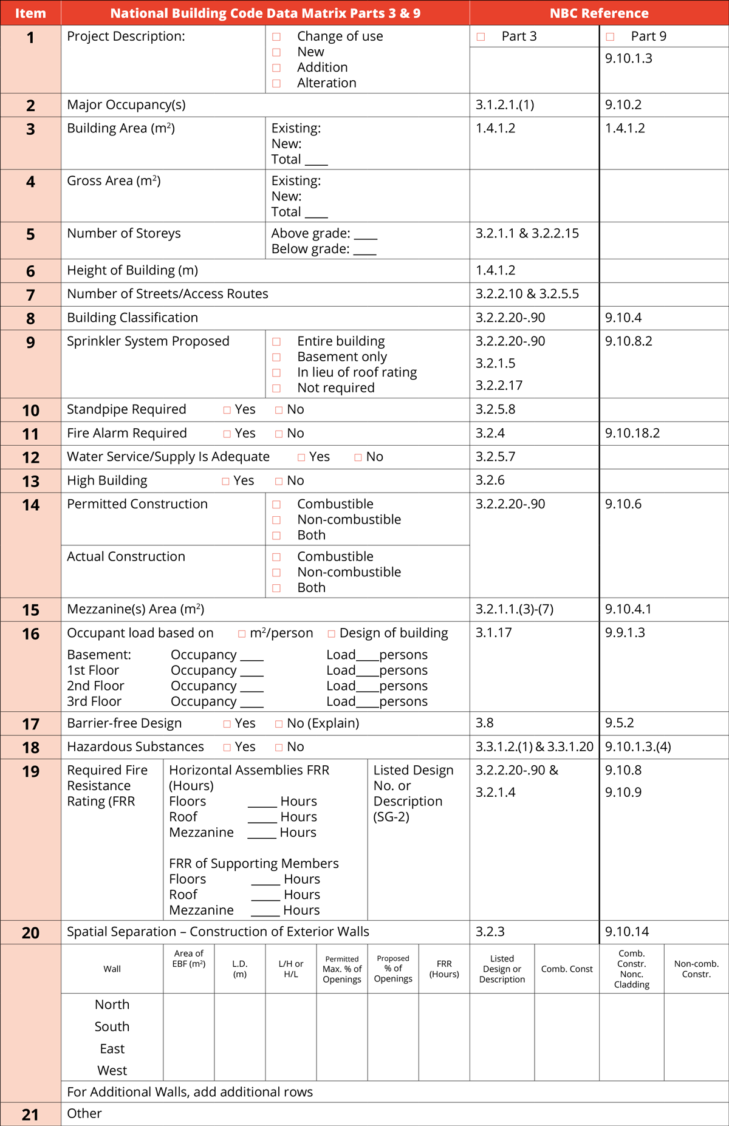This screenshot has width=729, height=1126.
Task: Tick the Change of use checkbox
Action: (276, 37)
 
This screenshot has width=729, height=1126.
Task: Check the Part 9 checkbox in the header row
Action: (610, 37)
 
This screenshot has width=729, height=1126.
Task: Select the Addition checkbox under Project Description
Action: (276, 68)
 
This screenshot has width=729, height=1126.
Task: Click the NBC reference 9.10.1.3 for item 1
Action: (628, 58)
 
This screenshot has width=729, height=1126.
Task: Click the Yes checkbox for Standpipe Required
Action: (227, 410)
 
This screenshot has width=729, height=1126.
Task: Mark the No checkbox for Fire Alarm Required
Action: (279, 434)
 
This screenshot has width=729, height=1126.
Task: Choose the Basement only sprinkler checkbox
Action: (276, 357)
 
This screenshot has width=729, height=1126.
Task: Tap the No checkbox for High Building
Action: (279, 481)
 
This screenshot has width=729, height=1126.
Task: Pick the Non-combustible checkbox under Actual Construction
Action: (276, 573)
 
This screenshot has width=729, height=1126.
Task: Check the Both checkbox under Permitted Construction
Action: (276, 536)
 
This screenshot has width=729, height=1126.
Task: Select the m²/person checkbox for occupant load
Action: (242, 634)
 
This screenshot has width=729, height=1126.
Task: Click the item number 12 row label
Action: (30, 457)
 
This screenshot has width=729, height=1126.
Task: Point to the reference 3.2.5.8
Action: (495, 409)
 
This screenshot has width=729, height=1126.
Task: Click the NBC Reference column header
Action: (599, 13)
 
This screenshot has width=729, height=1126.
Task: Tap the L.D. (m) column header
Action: (240, 969)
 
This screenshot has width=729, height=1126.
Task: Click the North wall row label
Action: (112, 1005)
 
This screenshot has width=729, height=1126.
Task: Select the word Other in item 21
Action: (84, 1113)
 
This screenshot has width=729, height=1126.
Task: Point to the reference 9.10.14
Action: (627, 932)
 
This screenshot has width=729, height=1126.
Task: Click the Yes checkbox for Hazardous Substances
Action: (227, 748)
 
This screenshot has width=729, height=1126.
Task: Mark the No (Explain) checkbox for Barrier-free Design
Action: (279, 724)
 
